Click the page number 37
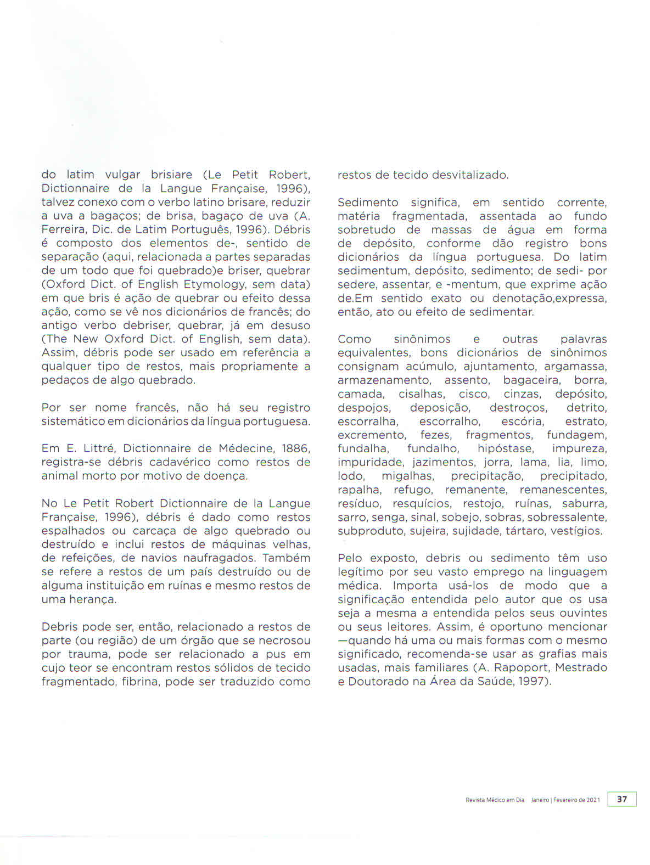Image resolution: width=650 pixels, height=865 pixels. tap(621, 799)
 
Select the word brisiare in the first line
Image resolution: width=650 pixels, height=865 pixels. tap(171, 175)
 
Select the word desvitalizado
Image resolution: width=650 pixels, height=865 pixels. tap(470, 175)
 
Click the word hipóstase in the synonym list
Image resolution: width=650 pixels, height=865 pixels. tap(505, 449)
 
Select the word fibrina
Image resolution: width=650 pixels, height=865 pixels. tap(141, 682)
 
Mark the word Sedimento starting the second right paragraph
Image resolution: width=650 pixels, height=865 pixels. tap(368, 203)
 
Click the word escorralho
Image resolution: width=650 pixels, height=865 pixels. tap(450, 422)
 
